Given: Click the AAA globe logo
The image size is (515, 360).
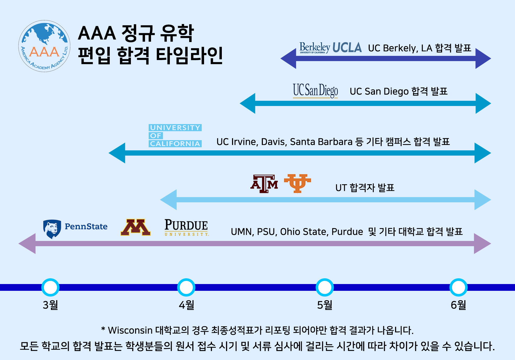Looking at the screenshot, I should tap(44, 46).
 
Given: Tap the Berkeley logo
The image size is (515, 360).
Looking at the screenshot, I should tap(314, 48).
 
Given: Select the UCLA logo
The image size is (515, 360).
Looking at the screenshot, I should tap(347, 48).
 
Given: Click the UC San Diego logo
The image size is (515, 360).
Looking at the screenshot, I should tap(315, 91).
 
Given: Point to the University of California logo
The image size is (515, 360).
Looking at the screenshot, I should tap(175, 135).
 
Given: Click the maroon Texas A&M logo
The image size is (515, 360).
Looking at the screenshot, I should tap(264, 184).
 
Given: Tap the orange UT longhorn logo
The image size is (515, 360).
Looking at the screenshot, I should tap(297, 183).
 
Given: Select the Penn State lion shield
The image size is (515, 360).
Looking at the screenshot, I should tap(52, 229).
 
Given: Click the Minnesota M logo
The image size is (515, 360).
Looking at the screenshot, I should tap(135, 227).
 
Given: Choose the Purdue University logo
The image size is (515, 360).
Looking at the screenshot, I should tap(186, 227).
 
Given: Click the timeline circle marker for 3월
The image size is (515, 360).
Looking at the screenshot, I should tap(50, 287).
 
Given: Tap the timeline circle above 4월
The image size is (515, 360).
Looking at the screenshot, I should tap(186, 287).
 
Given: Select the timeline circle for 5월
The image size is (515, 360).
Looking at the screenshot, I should tap(325, 287).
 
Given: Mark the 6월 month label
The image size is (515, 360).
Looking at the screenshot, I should tap(458, 305).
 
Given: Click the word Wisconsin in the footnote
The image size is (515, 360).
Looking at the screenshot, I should tap(130, 331).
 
